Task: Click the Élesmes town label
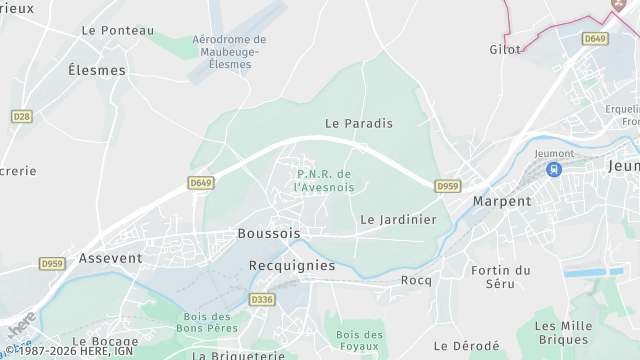pos(97,70)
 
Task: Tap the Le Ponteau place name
pos(117,30)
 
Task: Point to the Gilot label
pos(505,48)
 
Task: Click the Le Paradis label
pos(359,123)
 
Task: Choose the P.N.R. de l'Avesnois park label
pos(326,180)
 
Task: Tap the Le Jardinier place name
pos(398,219)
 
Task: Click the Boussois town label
pos(269,233)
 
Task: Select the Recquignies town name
pos(291,266)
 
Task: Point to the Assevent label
pos(110,257)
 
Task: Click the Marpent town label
pos(502,201)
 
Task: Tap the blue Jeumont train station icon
pos(553,169)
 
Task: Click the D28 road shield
pos(21,117)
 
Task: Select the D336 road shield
pos(262,299)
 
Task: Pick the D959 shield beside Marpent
pos(447,186)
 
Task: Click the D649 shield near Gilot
pos(595,38)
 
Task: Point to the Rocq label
pos(416,280)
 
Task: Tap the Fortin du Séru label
pos(501,276)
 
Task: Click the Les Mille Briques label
pos(563,333)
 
